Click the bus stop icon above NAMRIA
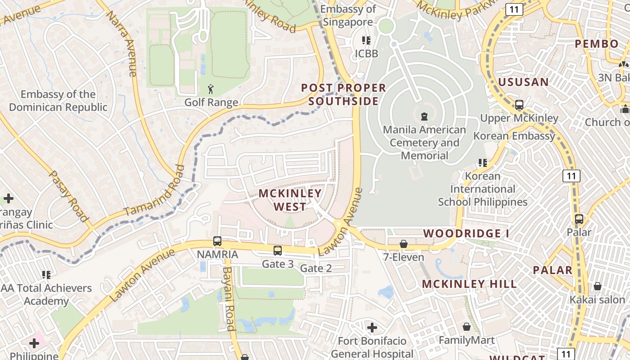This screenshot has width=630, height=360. pos(217,241)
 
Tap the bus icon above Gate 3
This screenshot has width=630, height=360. pos(278,251)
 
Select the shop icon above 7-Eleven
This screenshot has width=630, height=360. pos(404,244)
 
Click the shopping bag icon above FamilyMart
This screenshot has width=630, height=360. pos(467,327)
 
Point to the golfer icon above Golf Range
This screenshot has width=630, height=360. pos(211,89)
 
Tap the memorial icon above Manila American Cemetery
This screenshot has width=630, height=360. pos(424,117)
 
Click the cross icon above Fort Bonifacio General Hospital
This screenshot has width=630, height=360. pos(372,327)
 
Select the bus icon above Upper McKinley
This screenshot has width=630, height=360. pos(519,105)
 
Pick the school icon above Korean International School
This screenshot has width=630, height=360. pos(483,162)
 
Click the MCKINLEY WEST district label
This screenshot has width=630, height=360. pos(290,200)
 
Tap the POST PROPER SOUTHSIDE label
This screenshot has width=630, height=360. pos(343,94)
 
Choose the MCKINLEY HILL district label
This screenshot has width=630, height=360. pos(469,284)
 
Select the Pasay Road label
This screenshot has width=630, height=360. pos(68,196)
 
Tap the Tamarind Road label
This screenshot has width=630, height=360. pos(154,191)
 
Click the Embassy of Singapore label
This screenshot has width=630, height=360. pos(348,16)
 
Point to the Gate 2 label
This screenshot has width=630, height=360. pos(316,269)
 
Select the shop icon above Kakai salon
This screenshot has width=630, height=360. pos(598,286)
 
